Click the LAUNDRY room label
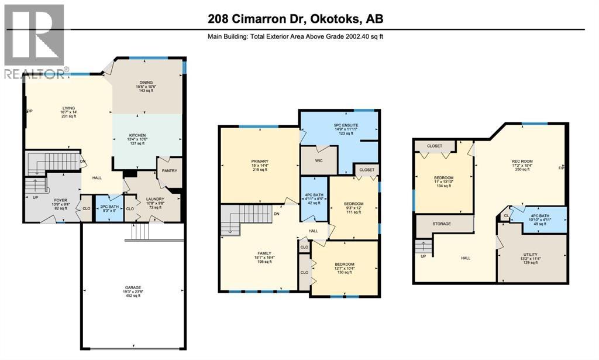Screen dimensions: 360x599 (155, 199)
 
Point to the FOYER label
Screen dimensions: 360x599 (61, 199)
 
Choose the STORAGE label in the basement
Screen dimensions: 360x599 (442, 223)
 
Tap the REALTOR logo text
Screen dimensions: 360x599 (35, 74)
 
